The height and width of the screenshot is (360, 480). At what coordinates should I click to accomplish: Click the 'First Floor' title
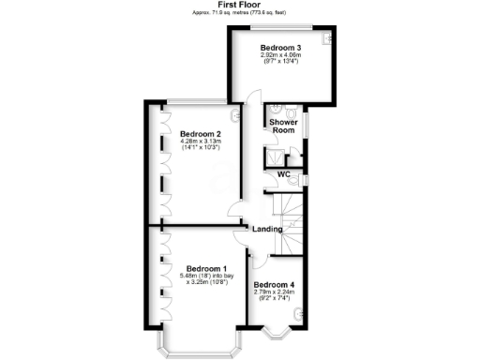(x=240, y=5)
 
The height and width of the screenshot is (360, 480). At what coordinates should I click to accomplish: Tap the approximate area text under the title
(x=240, y=13)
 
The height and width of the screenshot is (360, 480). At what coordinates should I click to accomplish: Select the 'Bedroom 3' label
(x=280, y=48)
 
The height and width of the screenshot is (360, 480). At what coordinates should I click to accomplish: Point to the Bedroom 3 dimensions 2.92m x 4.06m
(x=280, y=55)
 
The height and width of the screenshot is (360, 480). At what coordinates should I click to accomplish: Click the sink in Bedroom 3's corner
(x=325, y=39)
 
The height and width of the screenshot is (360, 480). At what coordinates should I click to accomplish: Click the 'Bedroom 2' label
(x=199, y=133)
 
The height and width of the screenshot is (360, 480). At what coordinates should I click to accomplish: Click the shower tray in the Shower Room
(x=277, y=157)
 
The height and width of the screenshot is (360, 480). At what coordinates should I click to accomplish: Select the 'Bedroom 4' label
(x=274, y=284)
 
